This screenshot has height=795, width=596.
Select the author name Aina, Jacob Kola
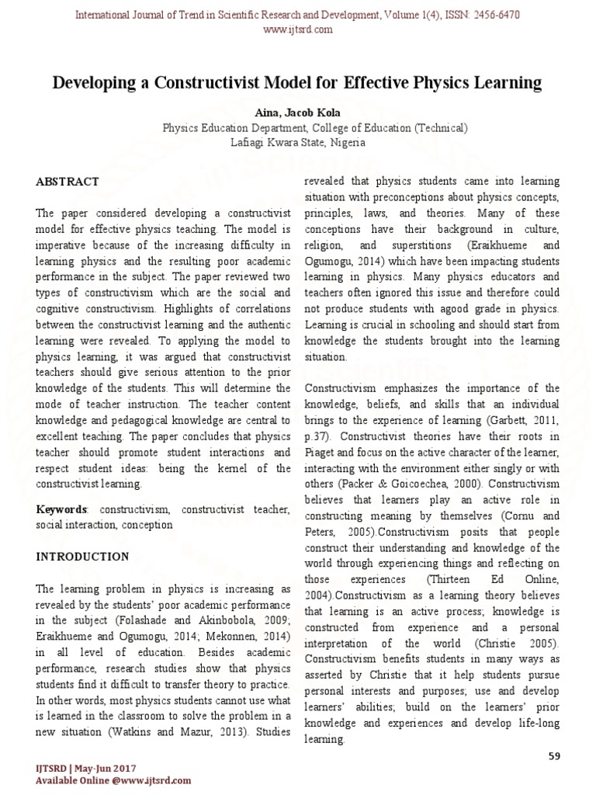(297, 112)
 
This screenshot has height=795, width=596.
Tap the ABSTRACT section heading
(68, 182)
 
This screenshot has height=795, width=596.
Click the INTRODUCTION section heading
(82, 557)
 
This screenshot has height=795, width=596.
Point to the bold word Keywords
(61, 509)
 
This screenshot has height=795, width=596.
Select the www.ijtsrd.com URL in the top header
(298, 30)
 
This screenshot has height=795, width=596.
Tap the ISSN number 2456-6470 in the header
(493, 15)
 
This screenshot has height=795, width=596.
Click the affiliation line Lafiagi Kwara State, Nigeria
(297, 144)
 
